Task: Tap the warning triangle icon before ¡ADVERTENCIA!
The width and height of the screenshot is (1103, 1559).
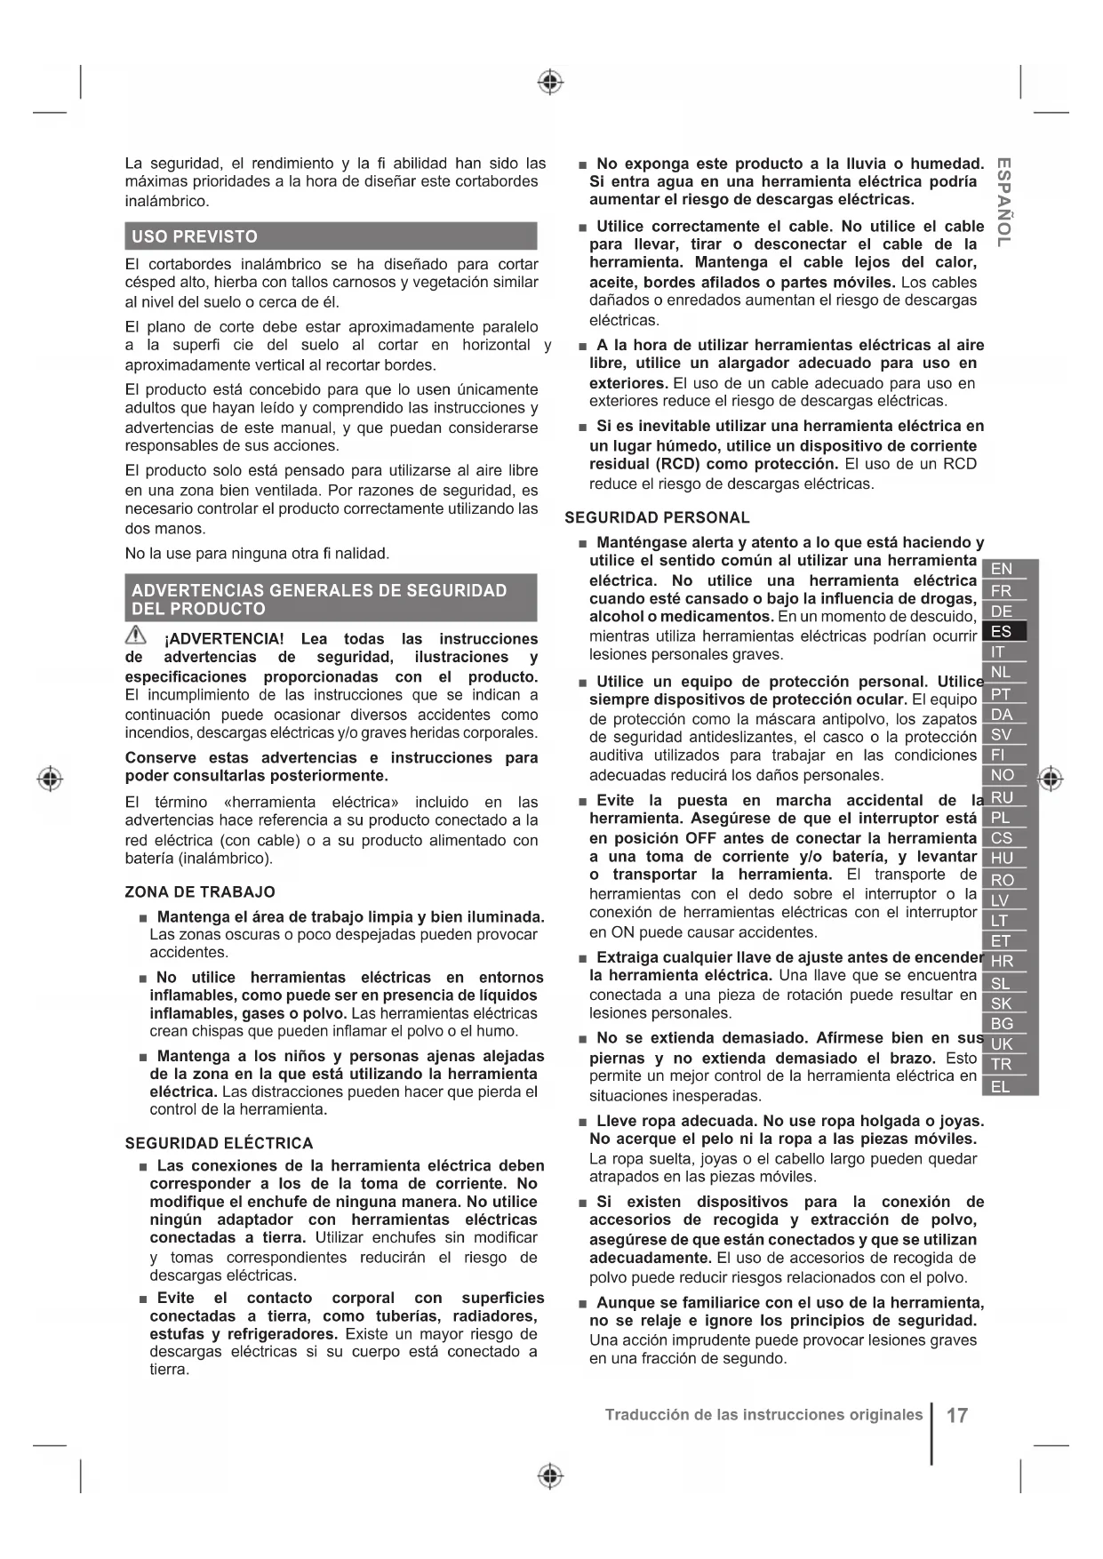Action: pos(136,635)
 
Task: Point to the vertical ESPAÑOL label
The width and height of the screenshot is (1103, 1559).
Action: pos(1003,202)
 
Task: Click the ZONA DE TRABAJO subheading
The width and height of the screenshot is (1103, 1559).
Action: pos(200,891)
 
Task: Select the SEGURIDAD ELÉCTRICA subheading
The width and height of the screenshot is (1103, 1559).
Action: pos(219,1143)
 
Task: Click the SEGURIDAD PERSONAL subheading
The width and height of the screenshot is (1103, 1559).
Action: pos(657,517)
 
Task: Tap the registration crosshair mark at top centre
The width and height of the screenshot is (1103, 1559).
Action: pos(551,83)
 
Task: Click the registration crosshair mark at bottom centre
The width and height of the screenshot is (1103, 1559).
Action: pos(551,1475)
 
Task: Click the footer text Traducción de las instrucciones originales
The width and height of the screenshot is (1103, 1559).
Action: pos(763,1414)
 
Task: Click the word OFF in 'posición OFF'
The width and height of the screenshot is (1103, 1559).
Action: pos(700,838)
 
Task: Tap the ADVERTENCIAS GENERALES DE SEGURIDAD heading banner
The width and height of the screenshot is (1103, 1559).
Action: pos(331,599)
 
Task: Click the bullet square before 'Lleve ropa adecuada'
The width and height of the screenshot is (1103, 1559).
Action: pos(582,1122)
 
